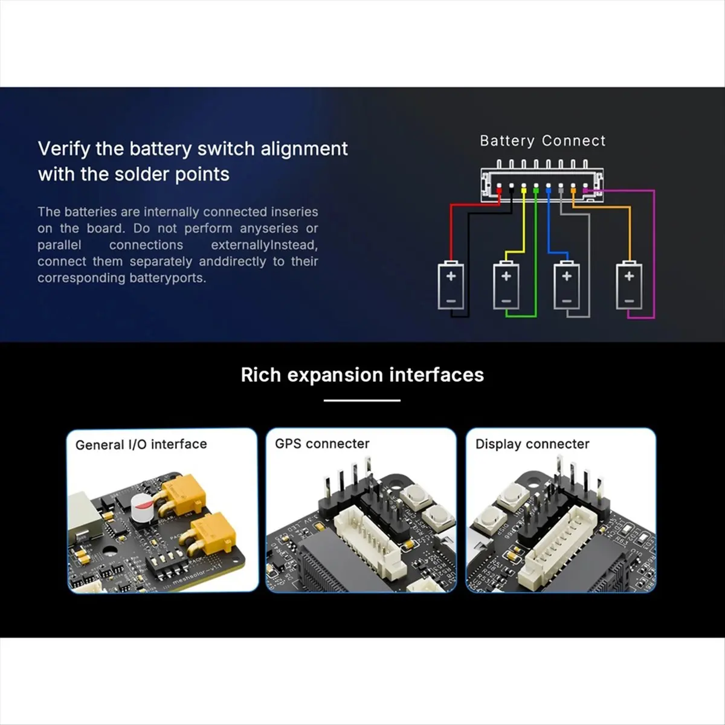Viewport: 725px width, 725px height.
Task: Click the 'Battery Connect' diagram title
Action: coord(542,141)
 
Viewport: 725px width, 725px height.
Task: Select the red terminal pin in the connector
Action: coord(499,191)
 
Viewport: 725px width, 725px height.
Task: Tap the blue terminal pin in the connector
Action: coord(548,191)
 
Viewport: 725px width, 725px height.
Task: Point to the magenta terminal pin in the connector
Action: coord(585,191)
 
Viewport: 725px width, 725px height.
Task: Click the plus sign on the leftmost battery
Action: coord(451,276)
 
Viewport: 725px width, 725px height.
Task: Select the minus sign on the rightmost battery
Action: coord(629,300)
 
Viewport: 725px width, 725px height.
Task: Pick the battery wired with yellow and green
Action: coord(506,285)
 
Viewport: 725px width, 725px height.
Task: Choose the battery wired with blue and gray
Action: coord(566,285)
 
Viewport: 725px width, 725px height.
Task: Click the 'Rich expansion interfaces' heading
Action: coord(362,375)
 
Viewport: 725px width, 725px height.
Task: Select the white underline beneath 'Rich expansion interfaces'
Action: coord(362,400)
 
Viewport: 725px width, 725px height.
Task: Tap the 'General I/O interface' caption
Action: coord(141,444)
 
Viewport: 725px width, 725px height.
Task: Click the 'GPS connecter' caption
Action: coord(321,443)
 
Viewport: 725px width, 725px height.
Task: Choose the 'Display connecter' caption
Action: coord(532,444)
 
